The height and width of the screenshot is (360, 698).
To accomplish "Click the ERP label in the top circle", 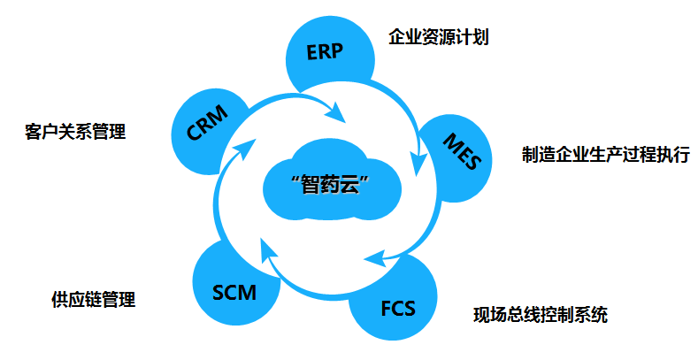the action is tap(325, 51).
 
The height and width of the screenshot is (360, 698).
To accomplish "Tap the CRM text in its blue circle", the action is tap(207, 123).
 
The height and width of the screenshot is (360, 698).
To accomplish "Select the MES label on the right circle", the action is tap(462, 151).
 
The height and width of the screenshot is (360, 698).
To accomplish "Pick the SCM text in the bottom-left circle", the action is tap(234, 293).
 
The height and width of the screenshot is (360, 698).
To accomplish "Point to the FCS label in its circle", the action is tap(398, 309).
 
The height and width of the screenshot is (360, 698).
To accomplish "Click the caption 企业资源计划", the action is tap(439, 36).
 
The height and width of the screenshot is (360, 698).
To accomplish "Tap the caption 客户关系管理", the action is tap(75, 132).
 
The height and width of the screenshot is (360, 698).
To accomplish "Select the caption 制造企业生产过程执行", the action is tap(606, 154).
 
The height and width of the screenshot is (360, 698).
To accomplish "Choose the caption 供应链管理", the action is tap(93, 300).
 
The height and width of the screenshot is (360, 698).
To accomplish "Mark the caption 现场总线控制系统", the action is tap(541, 315).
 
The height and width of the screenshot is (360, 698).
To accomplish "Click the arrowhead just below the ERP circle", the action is tap(336, 112).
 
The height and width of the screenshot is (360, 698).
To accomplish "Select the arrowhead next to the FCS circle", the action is tap(375, 258).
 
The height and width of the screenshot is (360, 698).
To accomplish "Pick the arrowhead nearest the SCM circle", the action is tap(267, 249).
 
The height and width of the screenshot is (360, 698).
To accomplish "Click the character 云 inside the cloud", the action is tap(349, 185).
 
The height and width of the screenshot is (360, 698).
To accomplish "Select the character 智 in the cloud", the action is tap(311, 185).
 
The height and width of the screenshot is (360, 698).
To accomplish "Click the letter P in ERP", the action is tap(337, 50).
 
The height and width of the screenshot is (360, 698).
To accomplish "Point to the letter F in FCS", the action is tap(387, 309).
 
